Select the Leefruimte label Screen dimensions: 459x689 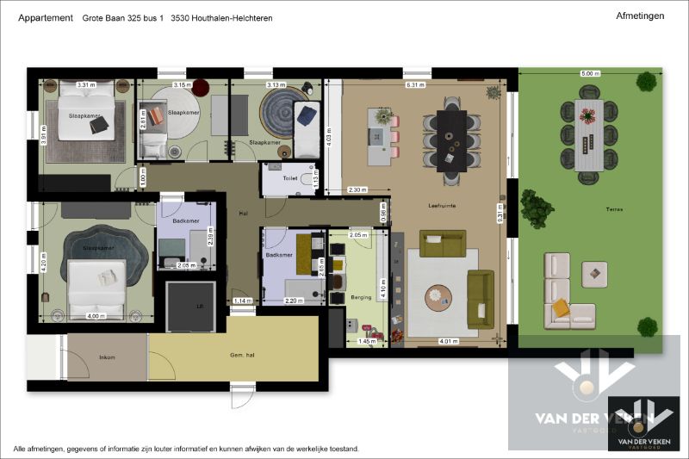pos(441,207)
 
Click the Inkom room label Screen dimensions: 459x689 pos(107,357)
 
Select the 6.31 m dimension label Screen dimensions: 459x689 pos(415,85)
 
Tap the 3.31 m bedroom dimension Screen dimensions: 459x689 pos(84,85)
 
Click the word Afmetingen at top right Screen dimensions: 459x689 pos(640,16)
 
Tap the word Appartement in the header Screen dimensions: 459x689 pos(45,17)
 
